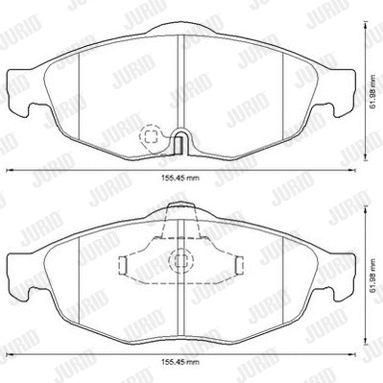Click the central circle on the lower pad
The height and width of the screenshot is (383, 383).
(x=178, y=260)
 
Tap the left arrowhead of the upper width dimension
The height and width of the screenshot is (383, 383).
(x=11, y=171)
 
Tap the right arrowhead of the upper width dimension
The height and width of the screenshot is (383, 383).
(x=347, y=171)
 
